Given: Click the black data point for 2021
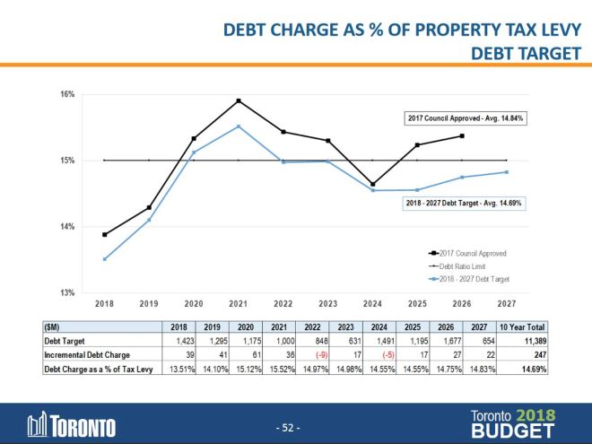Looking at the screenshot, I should tap(239, 100).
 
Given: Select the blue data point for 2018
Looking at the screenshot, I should tap(105, 259).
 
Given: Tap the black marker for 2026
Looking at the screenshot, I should tap(461, 136).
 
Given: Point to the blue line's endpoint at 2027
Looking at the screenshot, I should tap(506, 172).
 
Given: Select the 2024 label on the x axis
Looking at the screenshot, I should tap(372, 304).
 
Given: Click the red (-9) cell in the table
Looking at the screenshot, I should tap(309, 354).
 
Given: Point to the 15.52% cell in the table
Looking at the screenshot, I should tap(273, 367).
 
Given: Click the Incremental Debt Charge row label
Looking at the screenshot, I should tap(83, 354).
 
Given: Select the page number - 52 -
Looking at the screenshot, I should tap(287, 427).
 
